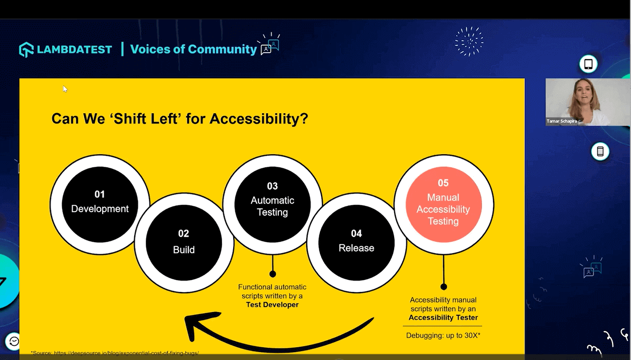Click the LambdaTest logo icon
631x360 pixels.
[26, 49]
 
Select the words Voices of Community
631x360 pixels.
[193, 49]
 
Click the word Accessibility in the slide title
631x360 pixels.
[258, 119]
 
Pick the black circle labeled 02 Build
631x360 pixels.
[184, 243]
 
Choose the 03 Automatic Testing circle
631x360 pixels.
[272, 203]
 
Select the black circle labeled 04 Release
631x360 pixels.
[356, 242]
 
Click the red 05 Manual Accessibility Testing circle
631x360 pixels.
[444, 204]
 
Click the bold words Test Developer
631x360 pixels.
[272, 305]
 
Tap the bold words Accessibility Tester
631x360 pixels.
[443, 317]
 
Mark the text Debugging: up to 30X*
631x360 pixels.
[443, 335]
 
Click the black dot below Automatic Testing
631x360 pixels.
[273, 274]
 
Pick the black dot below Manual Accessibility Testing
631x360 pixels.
[444, 287]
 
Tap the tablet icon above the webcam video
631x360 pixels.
[588, 64]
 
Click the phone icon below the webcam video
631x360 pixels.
[600, 152]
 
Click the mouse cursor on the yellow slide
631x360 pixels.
[65, 89]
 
